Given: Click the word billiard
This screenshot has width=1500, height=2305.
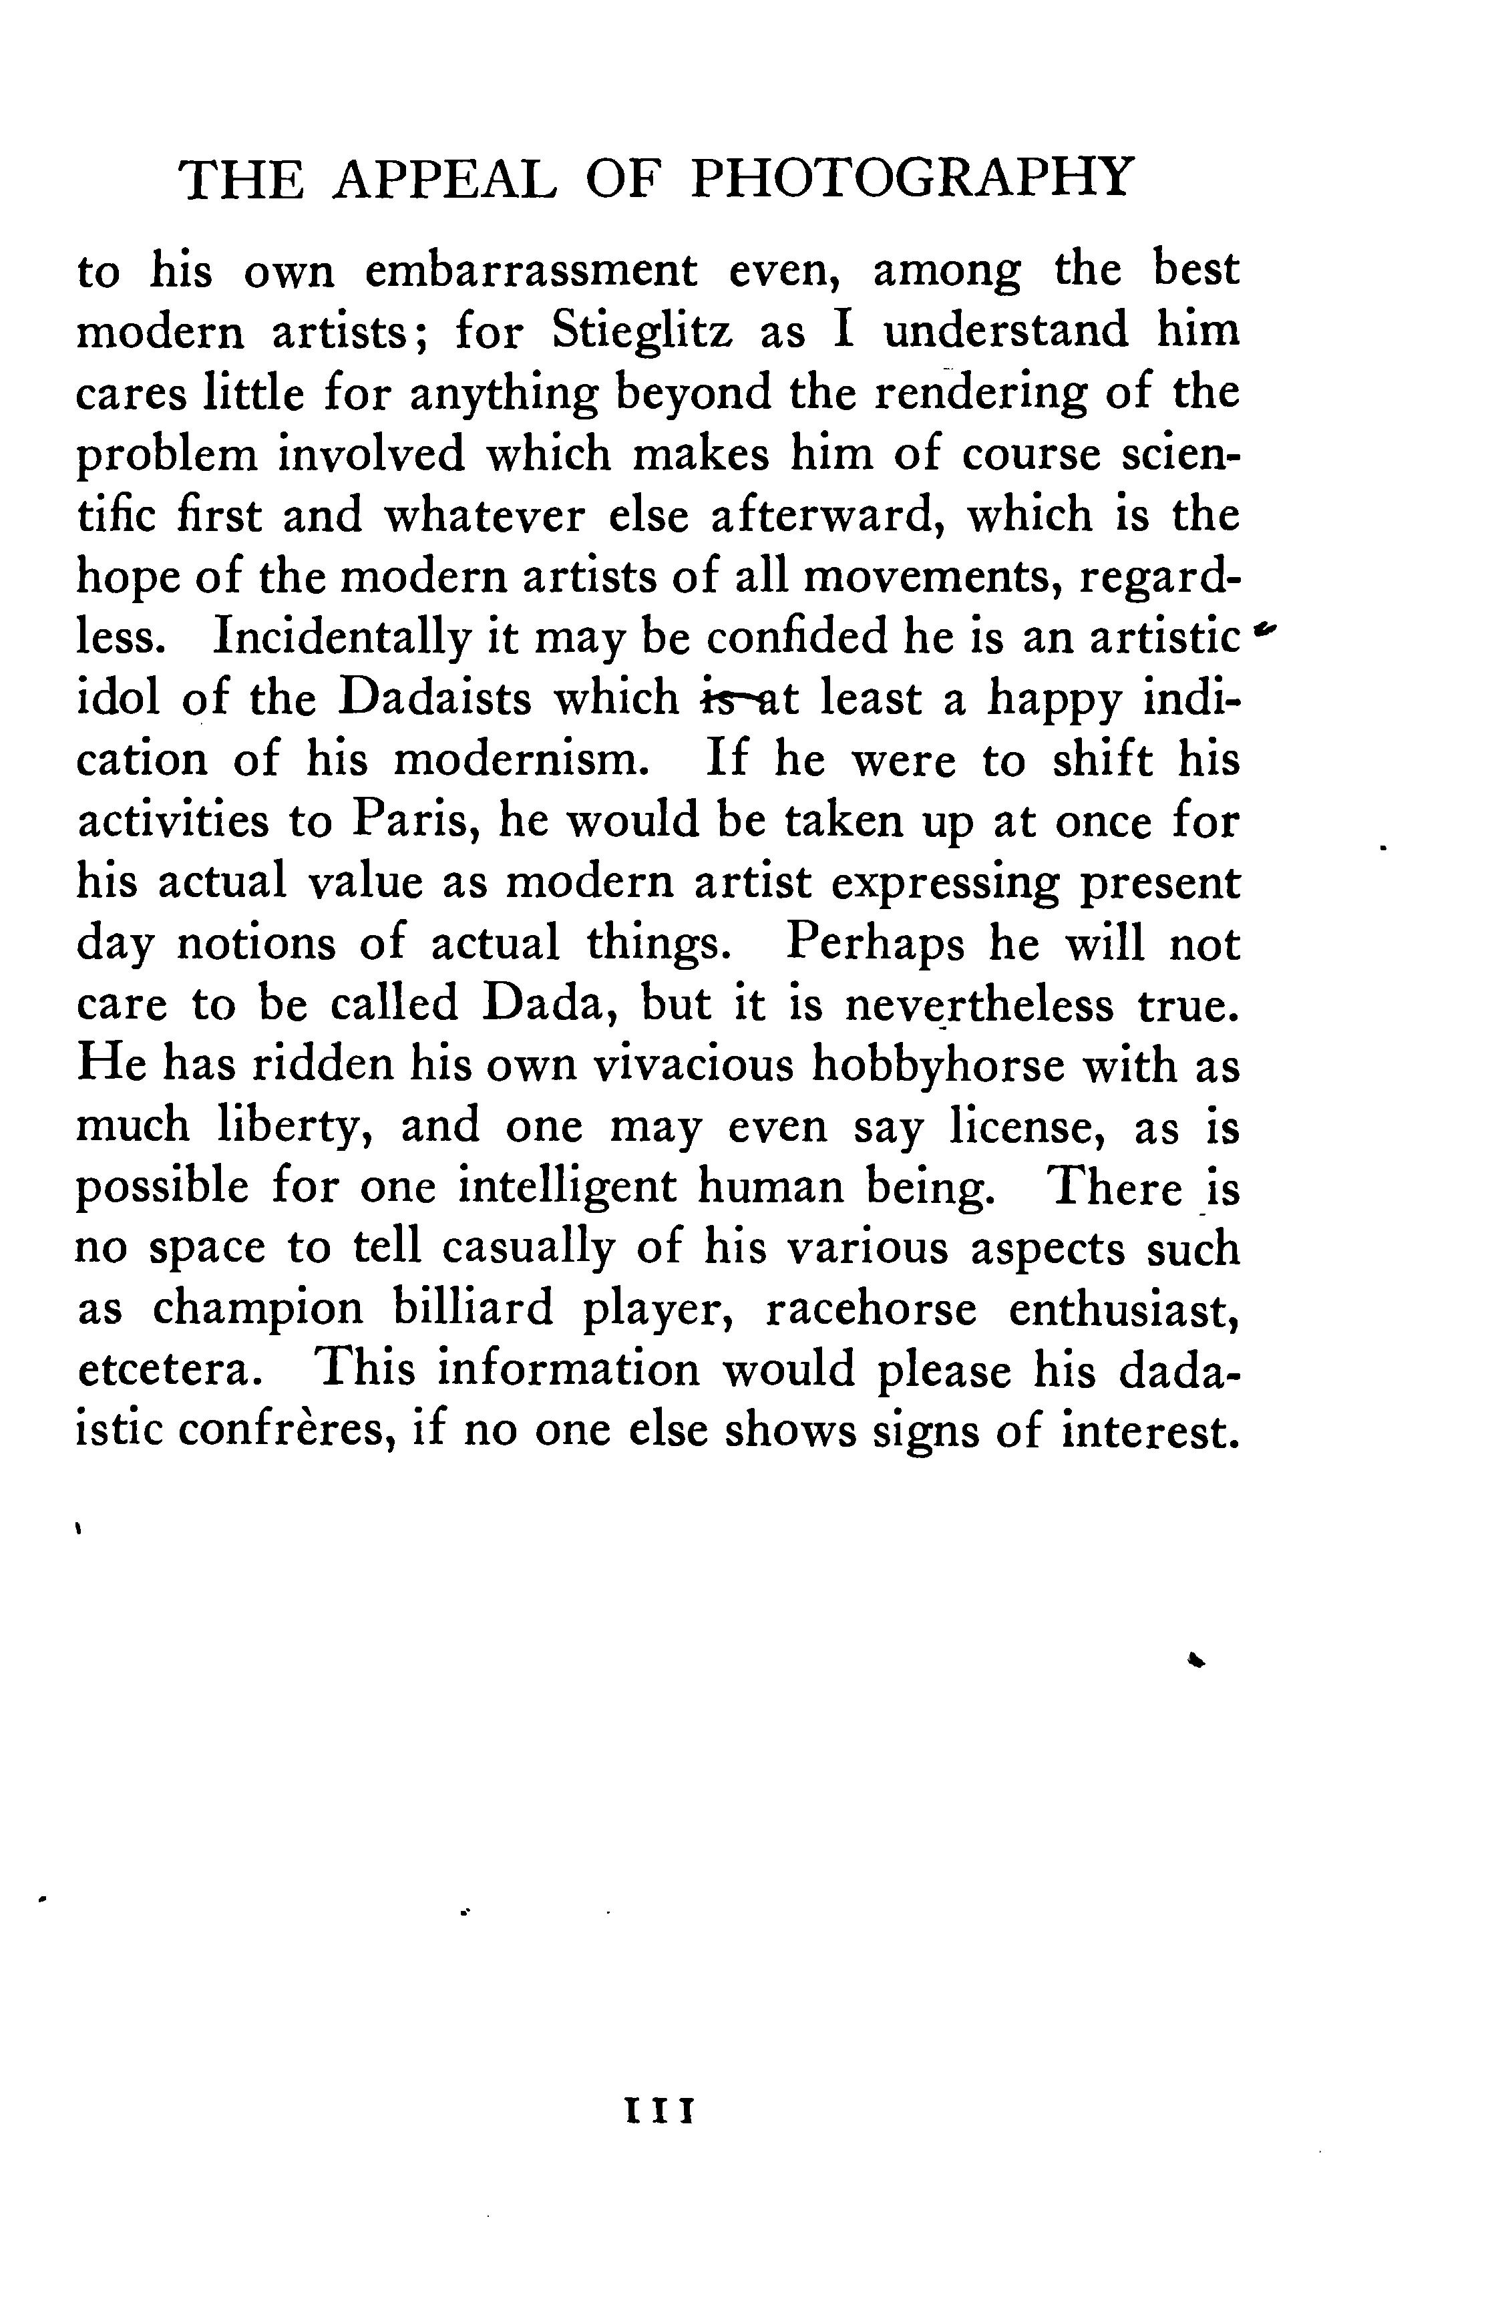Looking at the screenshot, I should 474,1308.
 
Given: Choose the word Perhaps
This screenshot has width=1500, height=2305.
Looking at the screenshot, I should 876,942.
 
